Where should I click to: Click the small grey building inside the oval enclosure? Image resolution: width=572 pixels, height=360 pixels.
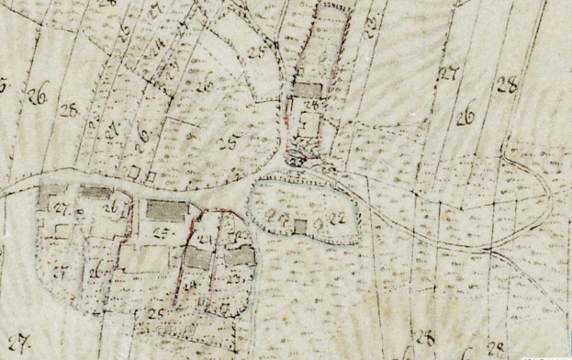300,225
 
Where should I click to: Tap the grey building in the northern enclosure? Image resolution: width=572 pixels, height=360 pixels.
308,89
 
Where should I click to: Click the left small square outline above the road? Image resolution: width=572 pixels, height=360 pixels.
134,172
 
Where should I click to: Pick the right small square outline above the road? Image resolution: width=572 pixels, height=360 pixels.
151,172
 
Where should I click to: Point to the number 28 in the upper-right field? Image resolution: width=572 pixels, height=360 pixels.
506,87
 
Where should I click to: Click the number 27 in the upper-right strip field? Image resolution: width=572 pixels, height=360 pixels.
448,73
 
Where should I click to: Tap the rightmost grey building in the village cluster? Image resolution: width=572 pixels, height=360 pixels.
240,256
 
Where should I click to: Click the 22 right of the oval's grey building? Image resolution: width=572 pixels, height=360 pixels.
340,218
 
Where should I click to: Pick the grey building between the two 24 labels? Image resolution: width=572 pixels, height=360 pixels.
197,259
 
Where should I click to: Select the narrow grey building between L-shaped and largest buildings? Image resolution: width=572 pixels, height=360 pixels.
96,193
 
